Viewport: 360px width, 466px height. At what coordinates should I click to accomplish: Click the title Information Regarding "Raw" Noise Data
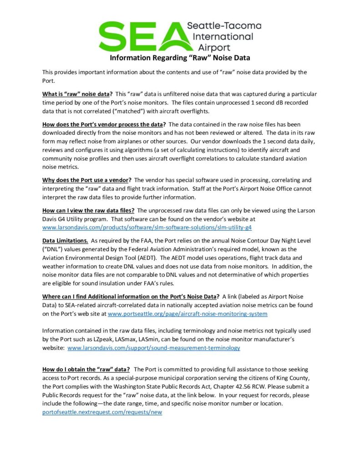pyautogui.click(x=180, y=58)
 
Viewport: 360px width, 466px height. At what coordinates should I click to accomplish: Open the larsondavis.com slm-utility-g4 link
pyautogui.click(x=147, y=227)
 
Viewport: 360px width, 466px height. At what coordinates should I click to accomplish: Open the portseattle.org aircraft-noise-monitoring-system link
pyautogui.click(x=187, y=314)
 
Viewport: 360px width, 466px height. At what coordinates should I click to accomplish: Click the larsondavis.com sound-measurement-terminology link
pyautogui.click(x=153, y=348)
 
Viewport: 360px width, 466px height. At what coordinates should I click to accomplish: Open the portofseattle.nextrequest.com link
pyautogui.click(x=102, y=412)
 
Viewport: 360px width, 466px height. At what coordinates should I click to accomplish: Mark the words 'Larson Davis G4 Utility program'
pyautogui.click(x=81, y=218)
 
